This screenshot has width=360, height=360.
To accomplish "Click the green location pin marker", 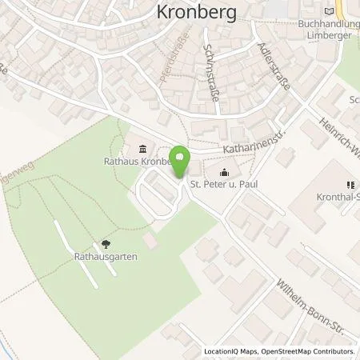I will (181, 162).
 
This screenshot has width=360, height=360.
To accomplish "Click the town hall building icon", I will (142, 148).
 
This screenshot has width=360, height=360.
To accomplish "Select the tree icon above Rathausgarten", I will (106, 245).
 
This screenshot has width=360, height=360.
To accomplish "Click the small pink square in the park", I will (150, 240).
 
